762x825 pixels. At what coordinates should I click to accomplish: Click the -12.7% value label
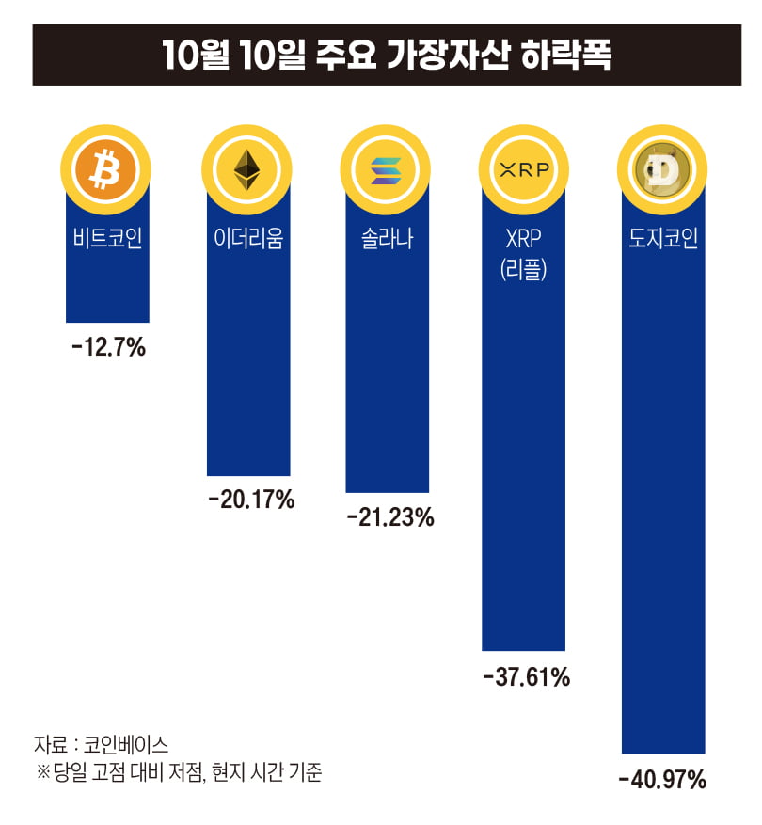click(108, 348)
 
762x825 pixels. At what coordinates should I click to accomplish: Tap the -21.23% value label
click(389, 516)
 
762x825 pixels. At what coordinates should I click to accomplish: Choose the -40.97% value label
click(662, 779)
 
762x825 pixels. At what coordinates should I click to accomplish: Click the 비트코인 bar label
click(107, 238)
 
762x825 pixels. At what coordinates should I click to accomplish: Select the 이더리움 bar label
click(248, 238)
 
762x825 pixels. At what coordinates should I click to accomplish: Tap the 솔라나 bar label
click(387, 238)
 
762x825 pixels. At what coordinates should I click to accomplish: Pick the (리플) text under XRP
click(524, 272)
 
